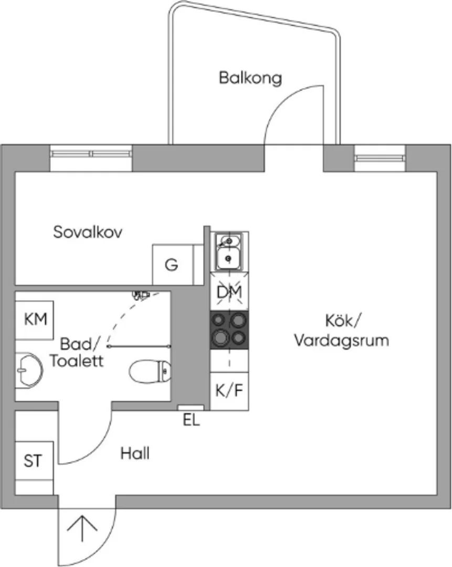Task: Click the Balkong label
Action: point(250,78)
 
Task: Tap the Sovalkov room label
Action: point(88,232)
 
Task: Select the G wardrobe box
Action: point(173,264)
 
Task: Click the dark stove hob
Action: point(229,330)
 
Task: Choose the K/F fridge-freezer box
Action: point(229,391)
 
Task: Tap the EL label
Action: point(191,420)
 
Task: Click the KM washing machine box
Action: point(34,320)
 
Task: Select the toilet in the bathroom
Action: point(150,371)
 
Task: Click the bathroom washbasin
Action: point(29,370)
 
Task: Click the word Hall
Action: point(135,454)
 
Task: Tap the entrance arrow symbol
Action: point(82,528)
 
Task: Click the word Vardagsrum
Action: point(341,341)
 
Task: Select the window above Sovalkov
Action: point(91,154)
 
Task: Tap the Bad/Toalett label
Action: point(77,352)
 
